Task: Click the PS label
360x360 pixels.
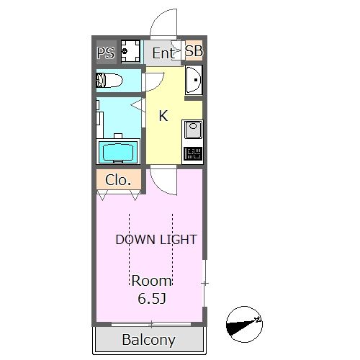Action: click(106, 53)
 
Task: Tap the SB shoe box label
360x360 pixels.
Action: click(194, 51)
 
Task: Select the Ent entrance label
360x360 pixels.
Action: click(163, 53)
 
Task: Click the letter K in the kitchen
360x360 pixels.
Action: click(163, 116)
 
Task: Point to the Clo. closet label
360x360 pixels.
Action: click(118, 180)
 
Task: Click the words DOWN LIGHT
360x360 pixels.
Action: click(156, 240)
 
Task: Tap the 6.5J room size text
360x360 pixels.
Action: click(152, 299)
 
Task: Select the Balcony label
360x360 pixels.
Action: click(149, 340)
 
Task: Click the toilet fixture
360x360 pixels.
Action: click(109, 81)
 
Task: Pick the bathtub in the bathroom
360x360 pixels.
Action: click(118, 152)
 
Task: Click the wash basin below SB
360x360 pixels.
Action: click(194, 80)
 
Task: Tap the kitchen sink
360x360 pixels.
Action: click(193, 131)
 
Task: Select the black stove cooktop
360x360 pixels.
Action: click(193, 153)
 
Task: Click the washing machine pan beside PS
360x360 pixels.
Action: click(130, 51)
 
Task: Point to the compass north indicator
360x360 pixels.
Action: click(244, 324)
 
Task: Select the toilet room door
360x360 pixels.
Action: click(153, 81)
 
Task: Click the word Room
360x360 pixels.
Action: click(152, 281)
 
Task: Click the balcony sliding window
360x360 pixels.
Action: click(151, 325)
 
